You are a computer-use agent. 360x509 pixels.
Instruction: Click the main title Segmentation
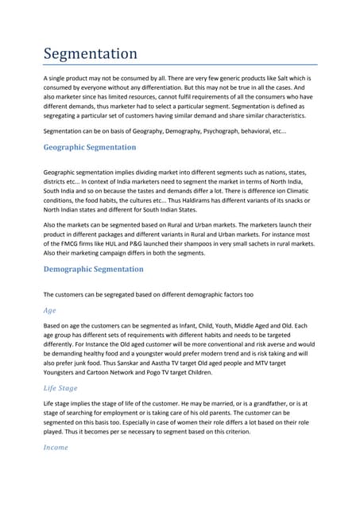pos(90,54)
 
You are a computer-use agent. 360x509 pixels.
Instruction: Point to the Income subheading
pos(56,447)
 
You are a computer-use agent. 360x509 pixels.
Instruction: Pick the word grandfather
pos(262,404)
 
